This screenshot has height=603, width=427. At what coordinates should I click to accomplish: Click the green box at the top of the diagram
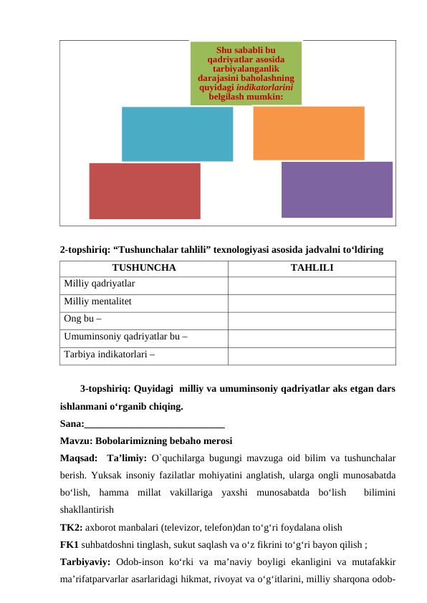tap(246, 72)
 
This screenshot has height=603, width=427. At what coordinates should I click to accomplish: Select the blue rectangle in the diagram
tap(177, 134)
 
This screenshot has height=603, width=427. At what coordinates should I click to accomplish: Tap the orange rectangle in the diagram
tap(308, 133)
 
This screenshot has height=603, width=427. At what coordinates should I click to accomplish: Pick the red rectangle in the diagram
tap(144, 190)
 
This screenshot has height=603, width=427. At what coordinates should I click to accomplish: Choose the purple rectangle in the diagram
tap(337, 189)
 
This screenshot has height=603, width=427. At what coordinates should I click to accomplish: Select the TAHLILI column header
tap(312, 269)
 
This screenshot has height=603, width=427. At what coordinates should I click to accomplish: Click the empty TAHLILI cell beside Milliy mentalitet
tap(312, 302)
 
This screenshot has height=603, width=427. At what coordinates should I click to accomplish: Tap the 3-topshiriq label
tap(105, 390)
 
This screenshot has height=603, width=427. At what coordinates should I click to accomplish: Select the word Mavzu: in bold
tap(76, 440)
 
